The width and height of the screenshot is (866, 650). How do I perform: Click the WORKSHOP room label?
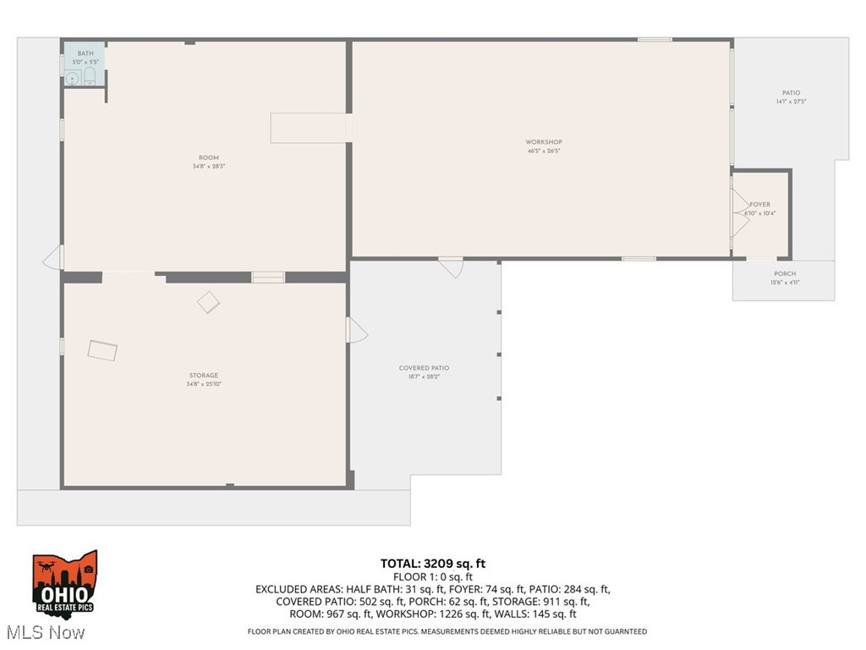click(543, 142)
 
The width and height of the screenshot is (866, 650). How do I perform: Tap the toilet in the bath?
click(90, 78)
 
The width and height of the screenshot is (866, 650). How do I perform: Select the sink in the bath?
click(73, 79)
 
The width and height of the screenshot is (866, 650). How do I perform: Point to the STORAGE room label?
click(203, 375)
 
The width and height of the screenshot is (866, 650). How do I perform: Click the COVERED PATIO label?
click(424, 368)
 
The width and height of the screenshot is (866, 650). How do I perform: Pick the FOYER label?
click(759, 205)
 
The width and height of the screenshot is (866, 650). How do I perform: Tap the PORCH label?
click(785, 274)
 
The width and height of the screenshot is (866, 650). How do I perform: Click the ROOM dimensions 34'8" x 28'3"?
click(208, 167)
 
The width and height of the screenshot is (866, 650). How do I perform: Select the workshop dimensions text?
click(543, 151)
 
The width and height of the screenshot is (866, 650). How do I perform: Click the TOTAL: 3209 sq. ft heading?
click(433, 563)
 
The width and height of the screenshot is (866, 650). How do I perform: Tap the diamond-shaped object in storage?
click(208, 302)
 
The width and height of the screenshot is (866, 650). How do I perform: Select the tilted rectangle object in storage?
click(102, 350)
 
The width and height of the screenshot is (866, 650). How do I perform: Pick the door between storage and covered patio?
click(356, 329)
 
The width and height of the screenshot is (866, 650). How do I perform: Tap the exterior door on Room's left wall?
click(53, 256)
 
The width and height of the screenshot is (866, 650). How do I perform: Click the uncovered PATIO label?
click(791, 93)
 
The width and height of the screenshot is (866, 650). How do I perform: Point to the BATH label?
click(85, 53)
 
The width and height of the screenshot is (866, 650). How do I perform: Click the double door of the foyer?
click(738, 212)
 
